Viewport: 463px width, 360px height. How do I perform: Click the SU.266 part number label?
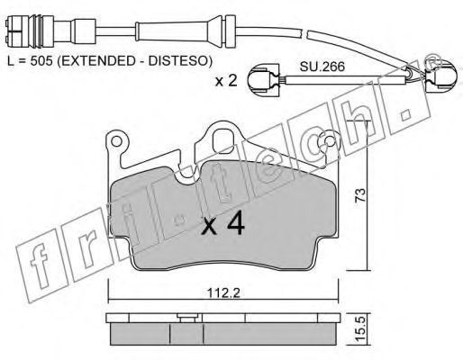coord(322,67)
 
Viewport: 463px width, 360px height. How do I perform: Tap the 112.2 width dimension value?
coord(223,292)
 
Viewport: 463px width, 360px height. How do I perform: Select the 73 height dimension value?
coord(360,195)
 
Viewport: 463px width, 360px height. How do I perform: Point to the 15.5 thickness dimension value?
coord(361,329)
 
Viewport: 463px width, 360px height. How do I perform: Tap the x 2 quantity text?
coord(226,81)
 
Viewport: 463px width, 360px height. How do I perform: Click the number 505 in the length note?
coord(41,61)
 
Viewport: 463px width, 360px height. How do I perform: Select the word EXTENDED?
coord(98,61)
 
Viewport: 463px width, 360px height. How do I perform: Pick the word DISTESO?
coord(178,61)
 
